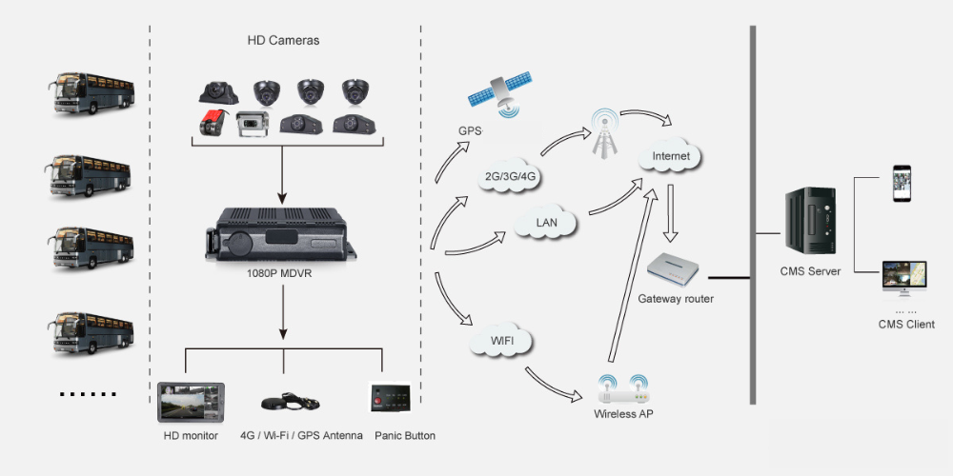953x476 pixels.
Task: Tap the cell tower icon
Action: [602, 132]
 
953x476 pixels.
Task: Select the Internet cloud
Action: [671, 154]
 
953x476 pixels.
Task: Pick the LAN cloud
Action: [547, 223]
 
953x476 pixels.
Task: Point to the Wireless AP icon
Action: [623, 389]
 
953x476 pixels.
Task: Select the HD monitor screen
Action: [191, 403]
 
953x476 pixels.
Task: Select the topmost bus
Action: [92, 92]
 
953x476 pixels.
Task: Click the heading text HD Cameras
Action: [283, 41]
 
